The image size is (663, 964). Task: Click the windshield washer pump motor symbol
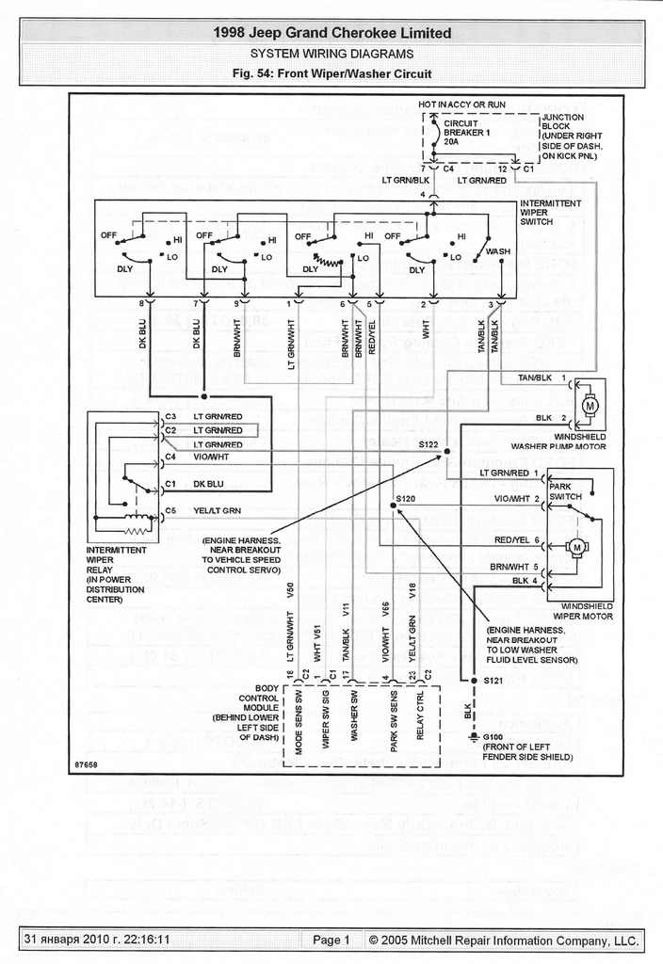pyautogui.click(x=591, y=405)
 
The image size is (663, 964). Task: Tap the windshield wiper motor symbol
pyautogui.click(x=575, y=547)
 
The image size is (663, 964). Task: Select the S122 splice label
pyautogui.click(x=429, y=442)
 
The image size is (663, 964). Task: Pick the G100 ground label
pyautogui.click(x=493, y=736)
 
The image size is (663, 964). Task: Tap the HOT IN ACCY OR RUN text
pyautogui.click(x=461, y=104)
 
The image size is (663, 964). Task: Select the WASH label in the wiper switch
pyautogui.click(x=498, y=252)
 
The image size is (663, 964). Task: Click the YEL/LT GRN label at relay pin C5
pyautogui.click(x=218, y=510)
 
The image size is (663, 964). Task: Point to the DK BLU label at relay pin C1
pyautogui.click(x=208, y=484)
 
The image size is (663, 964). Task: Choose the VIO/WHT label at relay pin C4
pyautogui.click(x=211, y=457)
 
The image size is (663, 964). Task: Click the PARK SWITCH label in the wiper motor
pyautogui.click(x=566, y=491)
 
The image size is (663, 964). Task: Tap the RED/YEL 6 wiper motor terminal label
pyautogui.click(x=518, y=540)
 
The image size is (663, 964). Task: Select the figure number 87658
pyautogui.click(x=87, y=763)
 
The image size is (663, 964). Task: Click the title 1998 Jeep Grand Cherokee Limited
pyautogui.click(x=331, y=33)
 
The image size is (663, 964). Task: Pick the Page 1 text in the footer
pyautogui.click(x=331, y=940)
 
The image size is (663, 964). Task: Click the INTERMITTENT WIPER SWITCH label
pyautogui.click(x=550, y=212)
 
